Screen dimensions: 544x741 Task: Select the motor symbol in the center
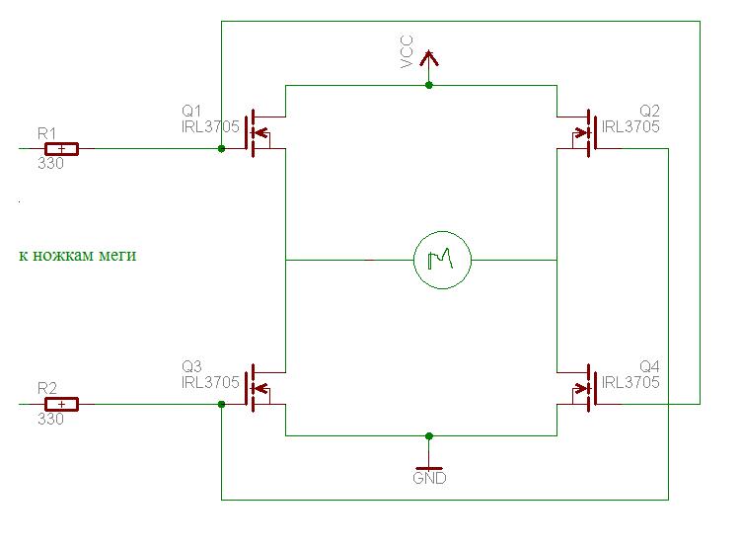pyautogui.click(x=442, y=261)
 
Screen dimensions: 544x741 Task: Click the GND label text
pyautogui.click(x=429, y=478)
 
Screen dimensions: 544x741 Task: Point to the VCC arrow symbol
pyautogui.click(x=429, y=58)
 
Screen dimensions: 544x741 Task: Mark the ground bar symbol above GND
pyautogui.click(x=429, y=466)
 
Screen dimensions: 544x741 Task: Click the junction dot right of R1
pyautogui.click(x=221, y=149)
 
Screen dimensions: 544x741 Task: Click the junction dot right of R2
pyautogui.click(x=221, y=404)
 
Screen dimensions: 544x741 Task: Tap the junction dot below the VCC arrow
pyautogui.click(x=429, y=86)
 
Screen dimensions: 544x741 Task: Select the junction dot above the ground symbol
pyautogui.click(x=429, y=435)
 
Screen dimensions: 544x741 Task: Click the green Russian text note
pyautogui.click(x=77, y=256)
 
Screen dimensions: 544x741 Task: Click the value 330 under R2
pyautogui.click(x=50, y=419)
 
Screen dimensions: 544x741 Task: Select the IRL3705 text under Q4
pyautogui.click(x=630, y=382)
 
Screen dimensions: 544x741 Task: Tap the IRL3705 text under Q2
pyautogui.click(x=630, y=126)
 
